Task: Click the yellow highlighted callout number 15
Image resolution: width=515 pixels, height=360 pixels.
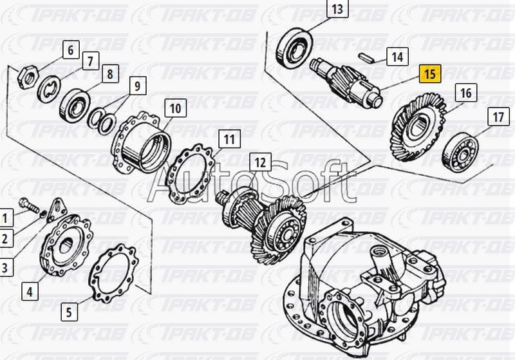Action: click(x=429, y=73)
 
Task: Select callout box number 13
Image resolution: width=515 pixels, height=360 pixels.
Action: click(x=337, y=10)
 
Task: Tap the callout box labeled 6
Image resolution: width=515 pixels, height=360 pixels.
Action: click(x=71, y=50)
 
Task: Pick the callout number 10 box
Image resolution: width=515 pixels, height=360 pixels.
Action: click(x=175, y=108)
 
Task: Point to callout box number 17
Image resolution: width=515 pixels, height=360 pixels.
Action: click(x=498, y=117)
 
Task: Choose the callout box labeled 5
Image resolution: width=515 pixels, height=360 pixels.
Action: click(x=69, y=312)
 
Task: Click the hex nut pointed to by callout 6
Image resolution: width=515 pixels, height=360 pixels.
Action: click(x=28, y=77)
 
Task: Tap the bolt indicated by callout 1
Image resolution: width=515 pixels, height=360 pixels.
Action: click(x=29, y=205)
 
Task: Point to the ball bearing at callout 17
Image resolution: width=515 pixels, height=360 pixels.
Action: click(x=460, y=153)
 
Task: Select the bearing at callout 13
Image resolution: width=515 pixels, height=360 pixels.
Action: click(x=294, y=48)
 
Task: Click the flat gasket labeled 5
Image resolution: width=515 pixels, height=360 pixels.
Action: click(x=113, y=273)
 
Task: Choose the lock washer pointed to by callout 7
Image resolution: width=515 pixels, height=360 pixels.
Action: click(x=49, y=89)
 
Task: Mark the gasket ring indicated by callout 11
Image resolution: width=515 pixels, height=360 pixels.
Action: click(x=190, y=174)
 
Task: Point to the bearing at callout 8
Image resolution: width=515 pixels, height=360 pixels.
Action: click(x=75, y=105)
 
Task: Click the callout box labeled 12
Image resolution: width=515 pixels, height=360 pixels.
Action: click(x=261, y=162)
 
